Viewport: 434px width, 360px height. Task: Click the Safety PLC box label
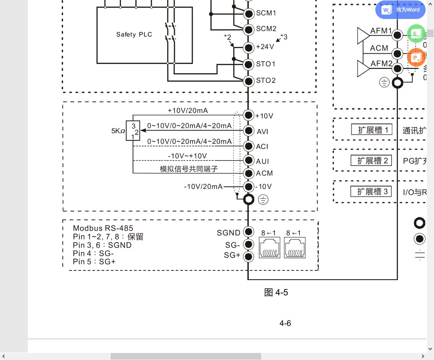click(134, 34)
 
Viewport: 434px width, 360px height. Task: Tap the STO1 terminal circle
click(249, 64)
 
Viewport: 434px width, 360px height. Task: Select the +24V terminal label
click(265, 46)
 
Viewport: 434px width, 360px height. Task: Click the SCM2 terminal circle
click(249, 29)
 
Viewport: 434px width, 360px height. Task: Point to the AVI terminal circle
click(249, 131)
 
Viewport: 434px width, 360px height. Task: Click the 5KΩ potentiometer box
click(133, 131)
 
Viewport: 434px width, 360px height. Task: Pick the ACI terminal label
click(262, 146)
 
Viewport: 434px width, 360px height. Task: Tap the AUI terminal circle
click(249, 161)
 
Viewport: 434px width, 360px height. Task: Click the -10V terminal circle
click(249, 186)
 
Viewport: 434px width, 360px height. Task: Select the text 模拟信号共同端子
click(189, 169)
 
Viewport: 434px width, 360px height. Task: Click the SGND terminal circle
click(249, 232)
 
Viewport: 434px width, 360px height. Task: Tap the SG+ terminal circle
click(249, 256)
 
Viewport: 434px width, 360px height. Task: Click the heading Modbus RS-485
click(103, 228)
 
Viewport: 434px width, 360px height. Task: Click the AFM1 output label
click(381, 31)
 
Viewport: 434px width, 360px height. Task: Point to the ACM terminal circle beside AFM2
click(397, 54)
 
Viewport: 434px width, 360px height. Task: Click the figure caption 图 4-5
click(276, 292)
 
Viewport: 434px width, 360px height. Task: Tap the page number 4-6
click(285, 323)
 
